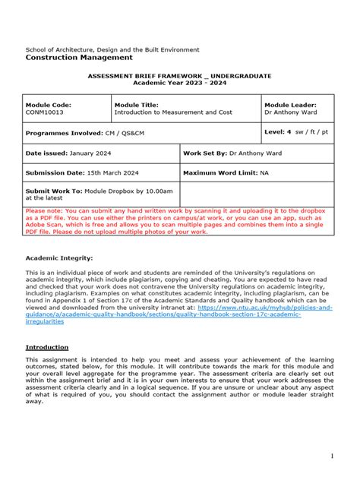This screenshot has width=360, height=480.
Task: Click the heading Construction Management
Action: pos(79,58)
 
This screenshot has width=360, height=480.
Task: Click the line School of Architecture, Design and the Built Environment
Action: pos(112,49)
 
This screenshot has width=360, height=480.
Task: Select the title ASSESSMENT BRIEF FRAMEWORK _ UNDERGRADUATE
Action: pos(179,77)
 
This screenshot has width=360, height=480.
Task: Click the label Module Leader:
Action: pos(290,105)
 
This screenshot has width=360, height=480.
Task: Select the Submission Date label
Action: pos(54,172)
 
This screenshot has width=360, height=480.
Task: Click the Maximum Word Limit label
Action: pos(219,172)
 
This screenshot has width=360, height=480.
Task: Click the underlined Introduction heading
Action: pos(47,347)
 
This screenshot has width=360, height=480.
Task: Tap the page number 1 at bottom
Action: pos(332,456)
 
